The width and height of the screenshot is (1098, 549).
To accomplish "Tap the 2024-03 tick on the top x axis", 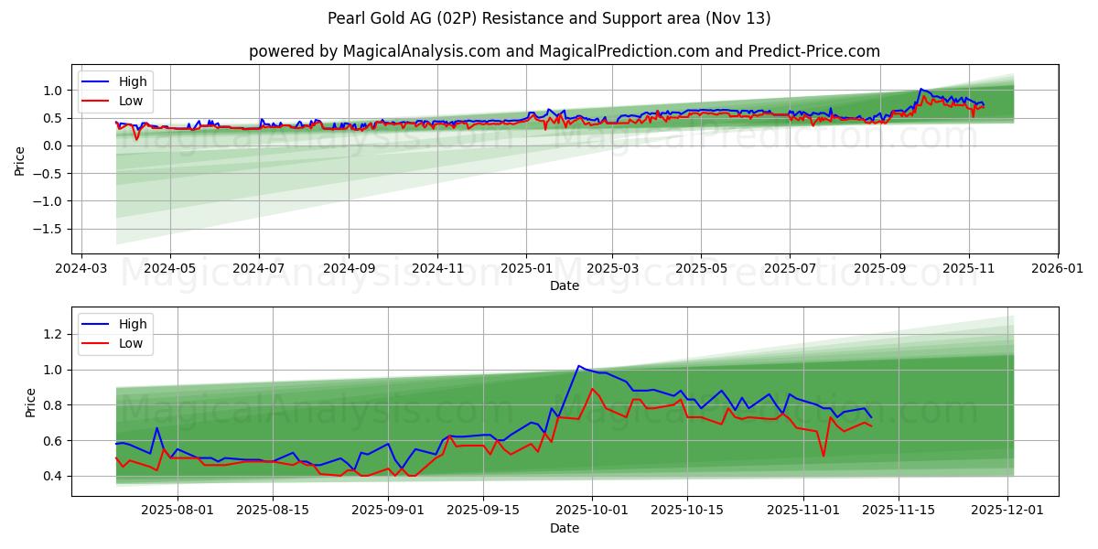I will (x=82, y=269).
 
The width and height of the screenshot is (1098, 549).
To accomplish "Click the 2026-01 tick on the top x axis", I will (x=1057, y=269).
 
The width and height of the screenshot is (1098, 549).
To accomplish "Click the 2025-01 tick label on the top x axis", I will (x=525, y=269).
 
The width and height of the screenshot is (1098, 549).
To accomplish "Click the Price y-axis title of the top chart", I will (x=20, y=160).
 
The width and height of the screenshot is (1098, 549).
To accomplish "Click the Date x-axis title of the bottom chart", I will (x=564, y=528).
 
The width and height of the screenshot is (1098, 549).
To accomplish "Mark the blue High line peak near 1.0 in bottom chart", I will (x=578, y=366).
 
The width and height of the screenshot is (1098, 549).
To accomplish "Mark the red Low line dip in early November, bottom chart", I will (x=823, y=456).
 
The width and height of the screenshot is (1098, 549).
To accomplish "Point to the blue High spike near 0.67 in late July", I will (x=156, y=428).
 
